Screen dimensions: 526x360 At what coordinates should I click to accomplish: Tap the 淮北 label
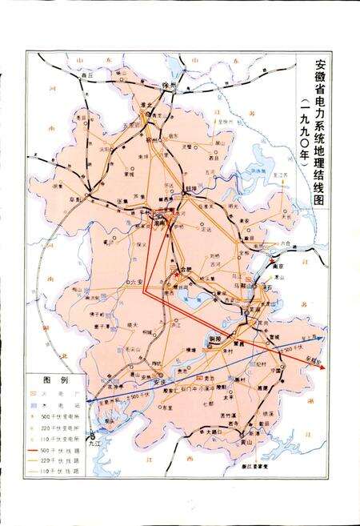tap(146, 105)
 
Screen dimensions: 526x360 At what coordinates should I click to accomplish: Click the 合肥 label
tap(188, 269)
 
